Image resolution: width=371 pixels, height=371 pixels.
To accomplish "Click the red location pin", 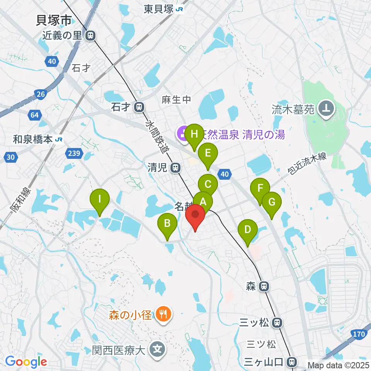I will point(196,216).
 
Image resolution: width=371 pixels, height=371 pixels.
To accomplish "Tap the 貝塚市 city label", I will point(54,20).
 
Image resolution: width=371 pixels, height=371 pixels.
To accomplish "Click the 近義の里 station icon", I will point(90,36).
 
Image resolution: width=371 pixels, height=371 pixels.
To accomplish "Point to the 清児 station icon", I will point(175,168).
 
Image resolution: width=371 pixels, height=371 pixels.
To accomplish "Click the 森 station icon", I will point(264,286).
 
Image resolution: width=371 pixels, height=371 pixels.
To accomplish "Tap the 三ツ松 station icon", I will point(277,322).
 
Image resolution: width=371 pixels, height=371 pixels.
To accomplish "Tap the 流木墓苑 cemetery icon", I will point(326,111).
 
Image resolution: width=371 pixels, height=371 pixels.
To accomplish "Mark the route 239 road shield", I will point(75,154).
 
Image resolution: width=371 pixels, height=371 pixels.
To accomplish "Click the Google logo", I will point(26,362).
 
